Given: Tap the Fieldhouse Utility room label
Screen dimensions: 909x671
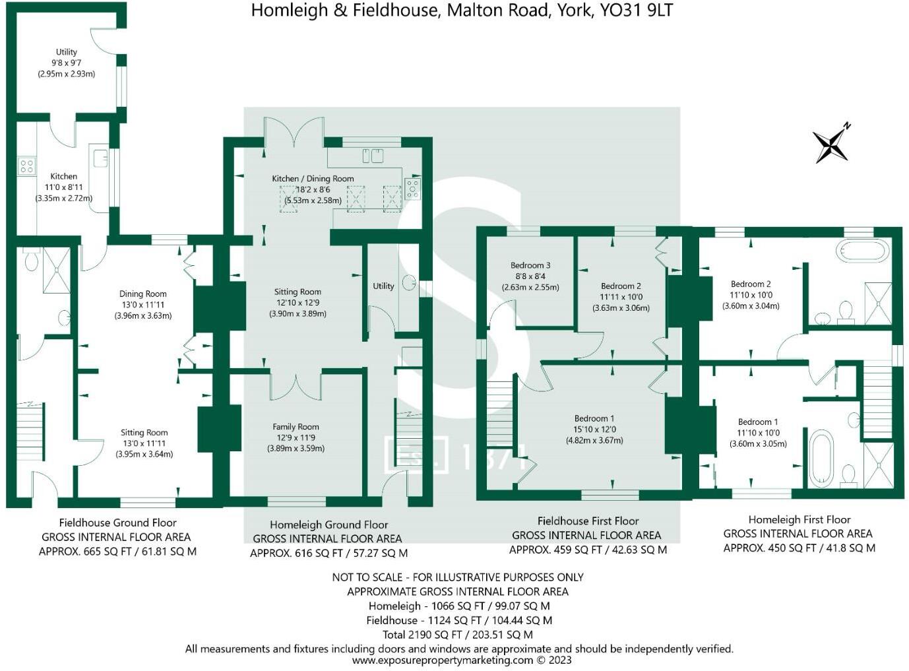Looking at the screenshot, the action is (66, 52).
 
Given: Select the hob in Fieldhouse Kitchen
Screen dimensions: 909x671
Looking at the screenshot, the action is (26, 165).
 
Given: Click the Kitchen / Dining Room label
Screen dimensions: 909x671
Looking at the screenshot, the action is (313, 179).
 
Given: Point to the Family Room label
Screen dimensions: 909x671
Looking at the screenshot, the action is (296, 427).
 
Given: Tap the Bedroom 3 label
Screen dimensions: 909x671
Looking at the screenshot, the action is (530, 265).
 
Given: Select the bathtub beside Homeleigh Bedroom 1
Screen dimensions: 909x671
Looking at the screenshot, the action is (821, 457).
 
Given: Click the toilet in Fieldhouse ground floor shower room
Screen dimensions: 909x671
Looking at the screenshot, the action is (30, 262).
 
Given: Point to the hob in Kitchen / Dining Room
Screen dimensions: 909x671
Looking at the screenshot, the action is (413, 189).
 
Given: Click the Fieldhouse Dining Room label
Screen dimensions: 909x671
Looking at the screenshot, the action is (142, 294).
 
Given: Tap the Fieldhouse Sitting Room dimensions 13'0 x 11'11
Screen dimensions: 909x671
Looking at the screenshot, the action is (144, 443).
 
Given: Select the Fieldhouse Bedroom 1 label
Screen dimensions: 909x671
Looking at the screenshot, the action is (594, 418).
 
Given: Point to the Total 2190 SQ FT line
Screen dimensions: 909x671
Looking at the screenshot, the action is (457, 635).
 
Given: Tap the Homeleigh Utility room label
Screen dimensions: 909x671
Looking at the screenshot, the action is (383, 286).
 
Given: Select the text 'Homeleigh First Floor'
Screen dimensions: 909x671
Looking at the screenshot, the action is (799, 520).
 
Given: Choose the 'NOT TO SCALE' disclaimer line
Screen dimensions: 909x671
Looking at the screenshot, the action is (457, 577).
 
